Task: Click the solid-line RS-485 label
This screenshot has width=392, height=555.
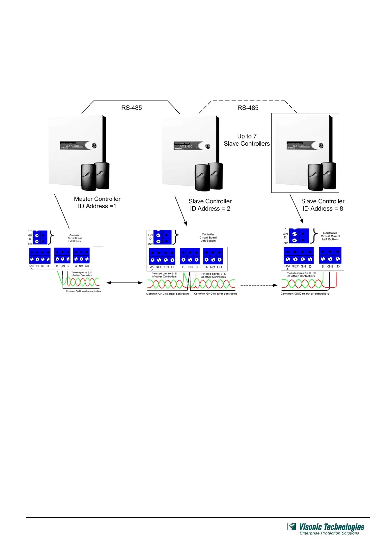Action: click(x=131, y=108)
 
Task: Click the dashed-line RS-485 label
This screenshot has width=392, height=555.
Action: click(x=248, y=108)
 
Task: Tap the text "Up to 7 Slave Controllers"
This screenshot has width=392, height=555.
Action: click(x=247, y=140)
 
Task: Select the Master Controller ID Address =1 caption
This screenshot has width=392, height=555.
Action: click(x=97, y=202)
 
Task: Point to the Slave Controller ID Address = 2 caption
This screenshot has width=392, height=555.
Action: click(x=210, y=205)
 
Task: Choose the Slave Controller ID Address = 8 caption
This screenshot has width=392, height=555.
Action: click(x=323, y=205)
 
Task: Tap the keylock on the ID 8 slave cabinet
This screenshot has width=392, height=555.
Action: click(x=321, y=145)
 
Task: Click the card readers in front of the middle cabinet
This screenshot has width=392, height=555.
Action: click(x=209, y=177)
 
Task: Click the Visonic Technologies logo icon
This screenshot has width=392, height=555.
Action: click(x=292, y=527)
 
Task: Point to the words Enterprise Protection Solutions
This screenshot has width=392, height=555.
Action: click(x=329, y=533)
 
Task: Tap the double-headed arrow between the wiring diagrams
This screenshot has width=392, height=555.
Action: click(x=124, y=283)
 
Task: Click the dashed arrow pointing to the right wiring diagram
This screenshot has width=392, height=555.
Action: click(x=259, y=285)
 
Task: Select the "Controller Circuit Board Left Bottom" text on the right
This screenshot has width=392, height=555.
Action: click(x=330, y=236)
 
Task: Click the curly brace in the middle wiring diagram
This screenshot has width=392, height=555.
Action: click(x=177, y=237)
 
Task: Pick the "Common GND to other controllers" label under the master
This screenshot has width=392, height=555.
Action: click(x=83, y=291)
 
